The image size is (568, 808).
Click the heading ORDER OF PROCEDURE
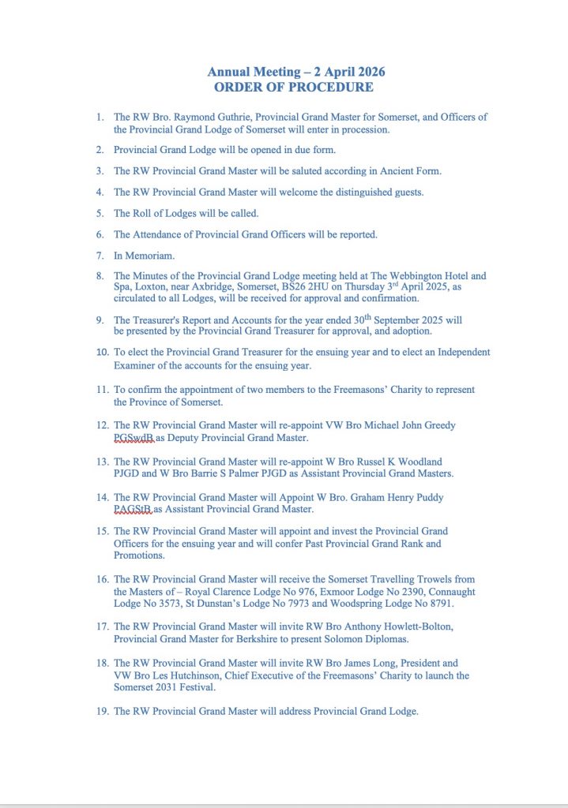pyautogui.click(x=293, y=88)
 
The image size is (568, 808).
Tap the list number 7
pyautogui.click(x=100, y=256)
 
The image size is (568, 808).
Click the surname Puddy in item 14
pyautogui.click(x=427, y=498)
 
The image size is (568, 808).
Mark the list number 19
pyautogui.click(x=100, y=712)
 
